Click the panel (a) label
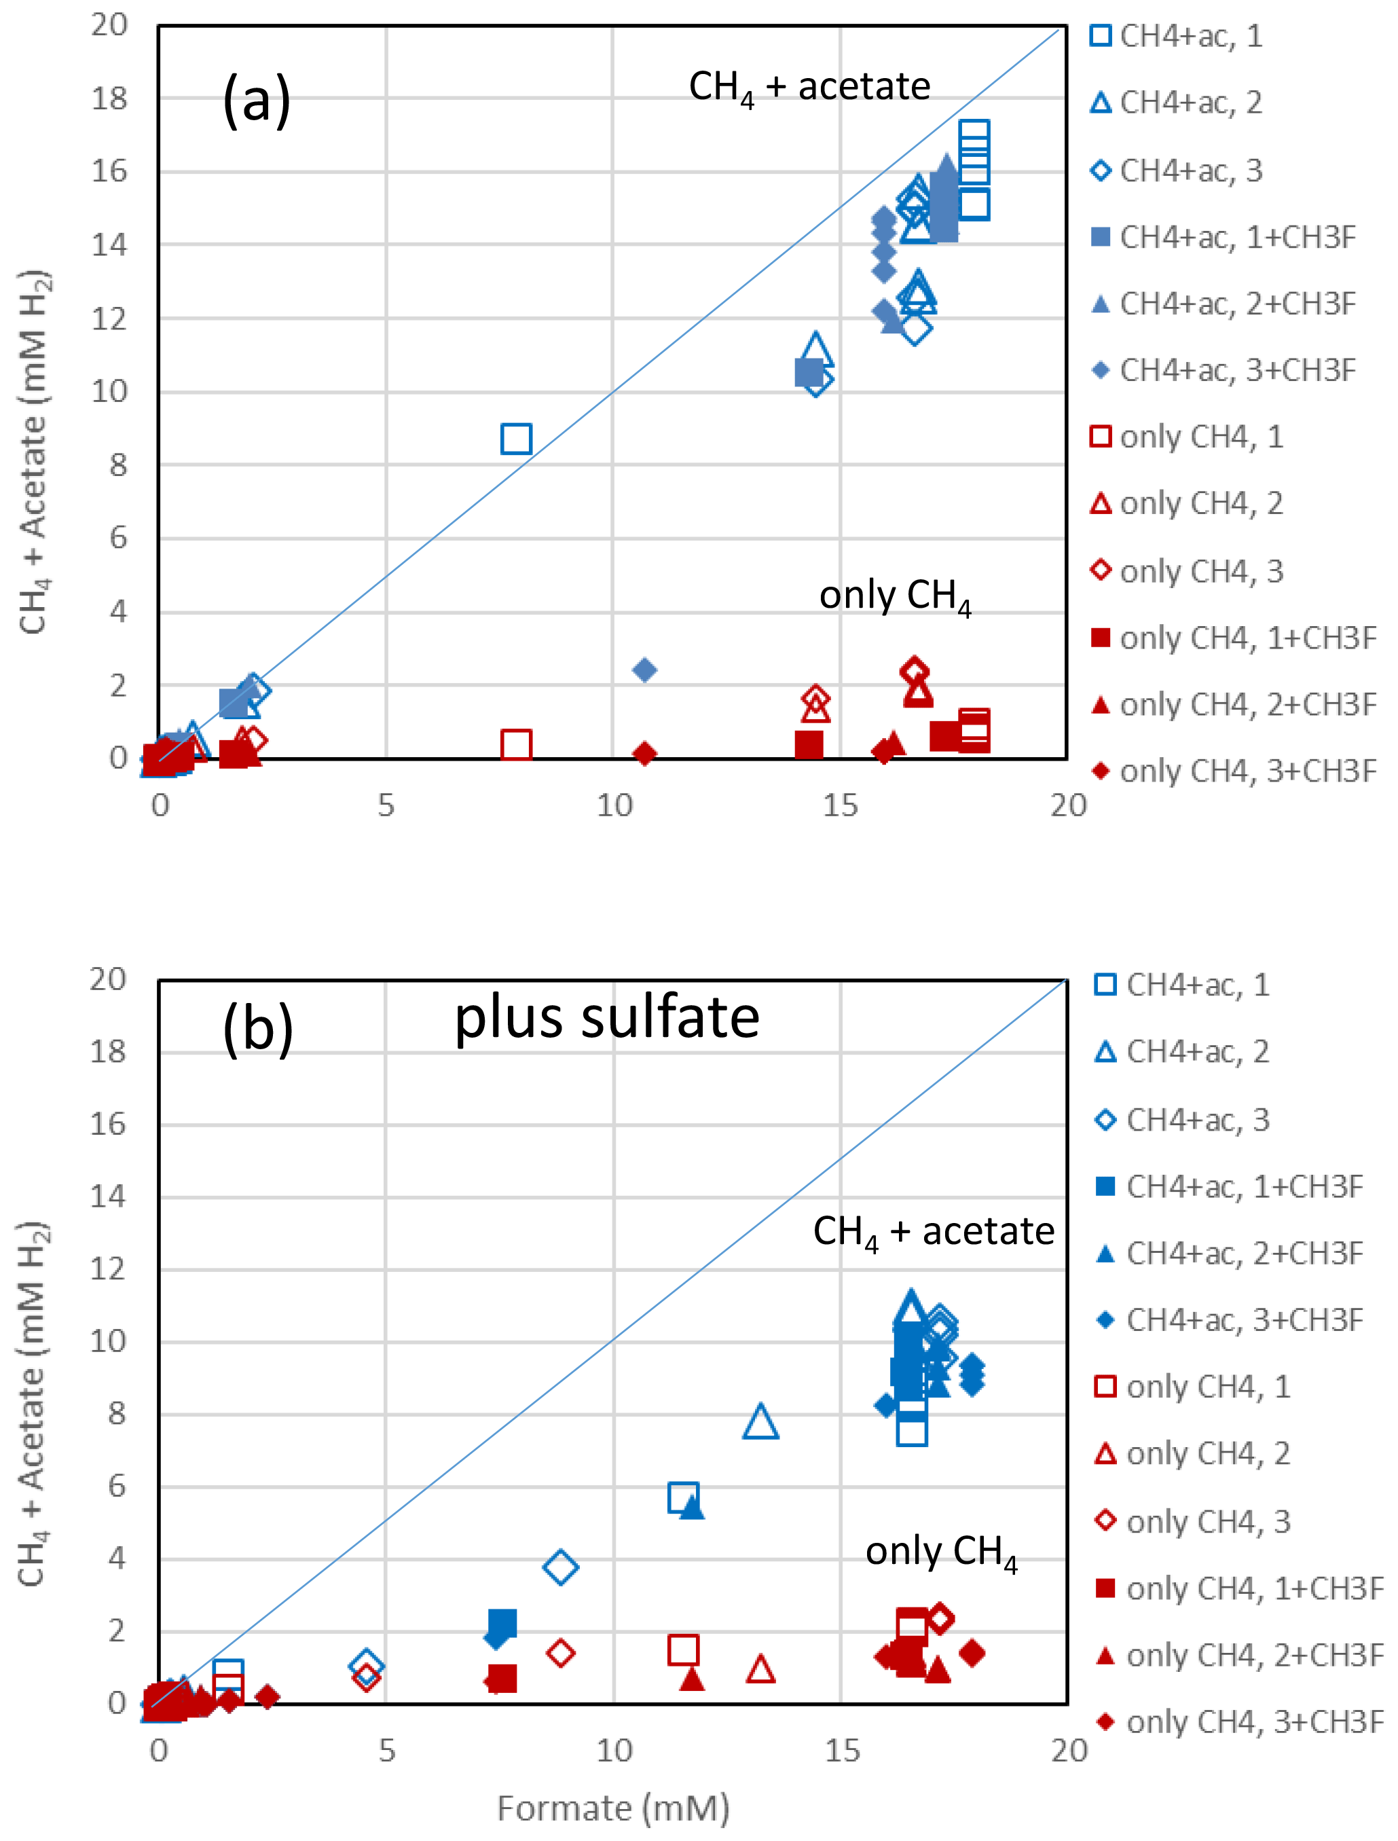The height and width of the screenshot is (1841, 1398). [256, 99]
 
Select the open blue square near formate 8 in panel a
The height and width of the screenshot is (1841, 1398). [516, 439]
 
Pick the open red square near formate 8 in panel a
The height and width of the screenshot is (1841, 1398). [516, 744]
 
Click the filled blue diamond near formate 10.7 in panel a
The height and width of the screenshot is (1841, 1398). [644, 670]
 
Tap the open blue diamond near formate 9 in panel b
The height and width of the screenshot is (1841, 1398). [561, 1567]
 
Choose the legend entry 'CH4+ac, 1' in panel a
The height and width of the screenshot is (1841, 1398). [1190, 36]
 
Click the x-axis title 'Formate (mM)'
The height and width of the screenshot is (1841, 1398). [613, 1808]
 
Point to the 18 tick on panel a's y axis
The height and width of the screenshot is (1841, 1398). [109, 98]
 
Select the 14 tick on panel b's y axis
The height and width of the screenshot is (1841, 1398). [108, 1197]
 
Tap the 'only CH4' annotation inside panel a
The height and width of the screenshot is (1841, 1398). [896, 597]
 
